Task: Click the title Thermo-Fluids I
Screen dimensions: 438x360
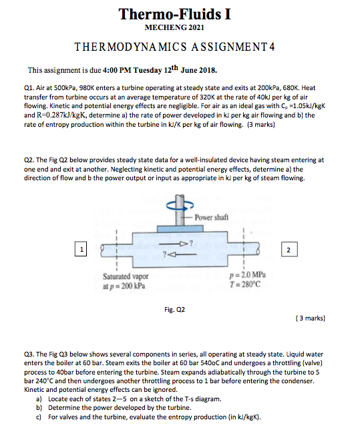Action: point(174,14)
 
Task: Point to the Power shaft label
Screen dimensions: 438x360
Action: point(212,218)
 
